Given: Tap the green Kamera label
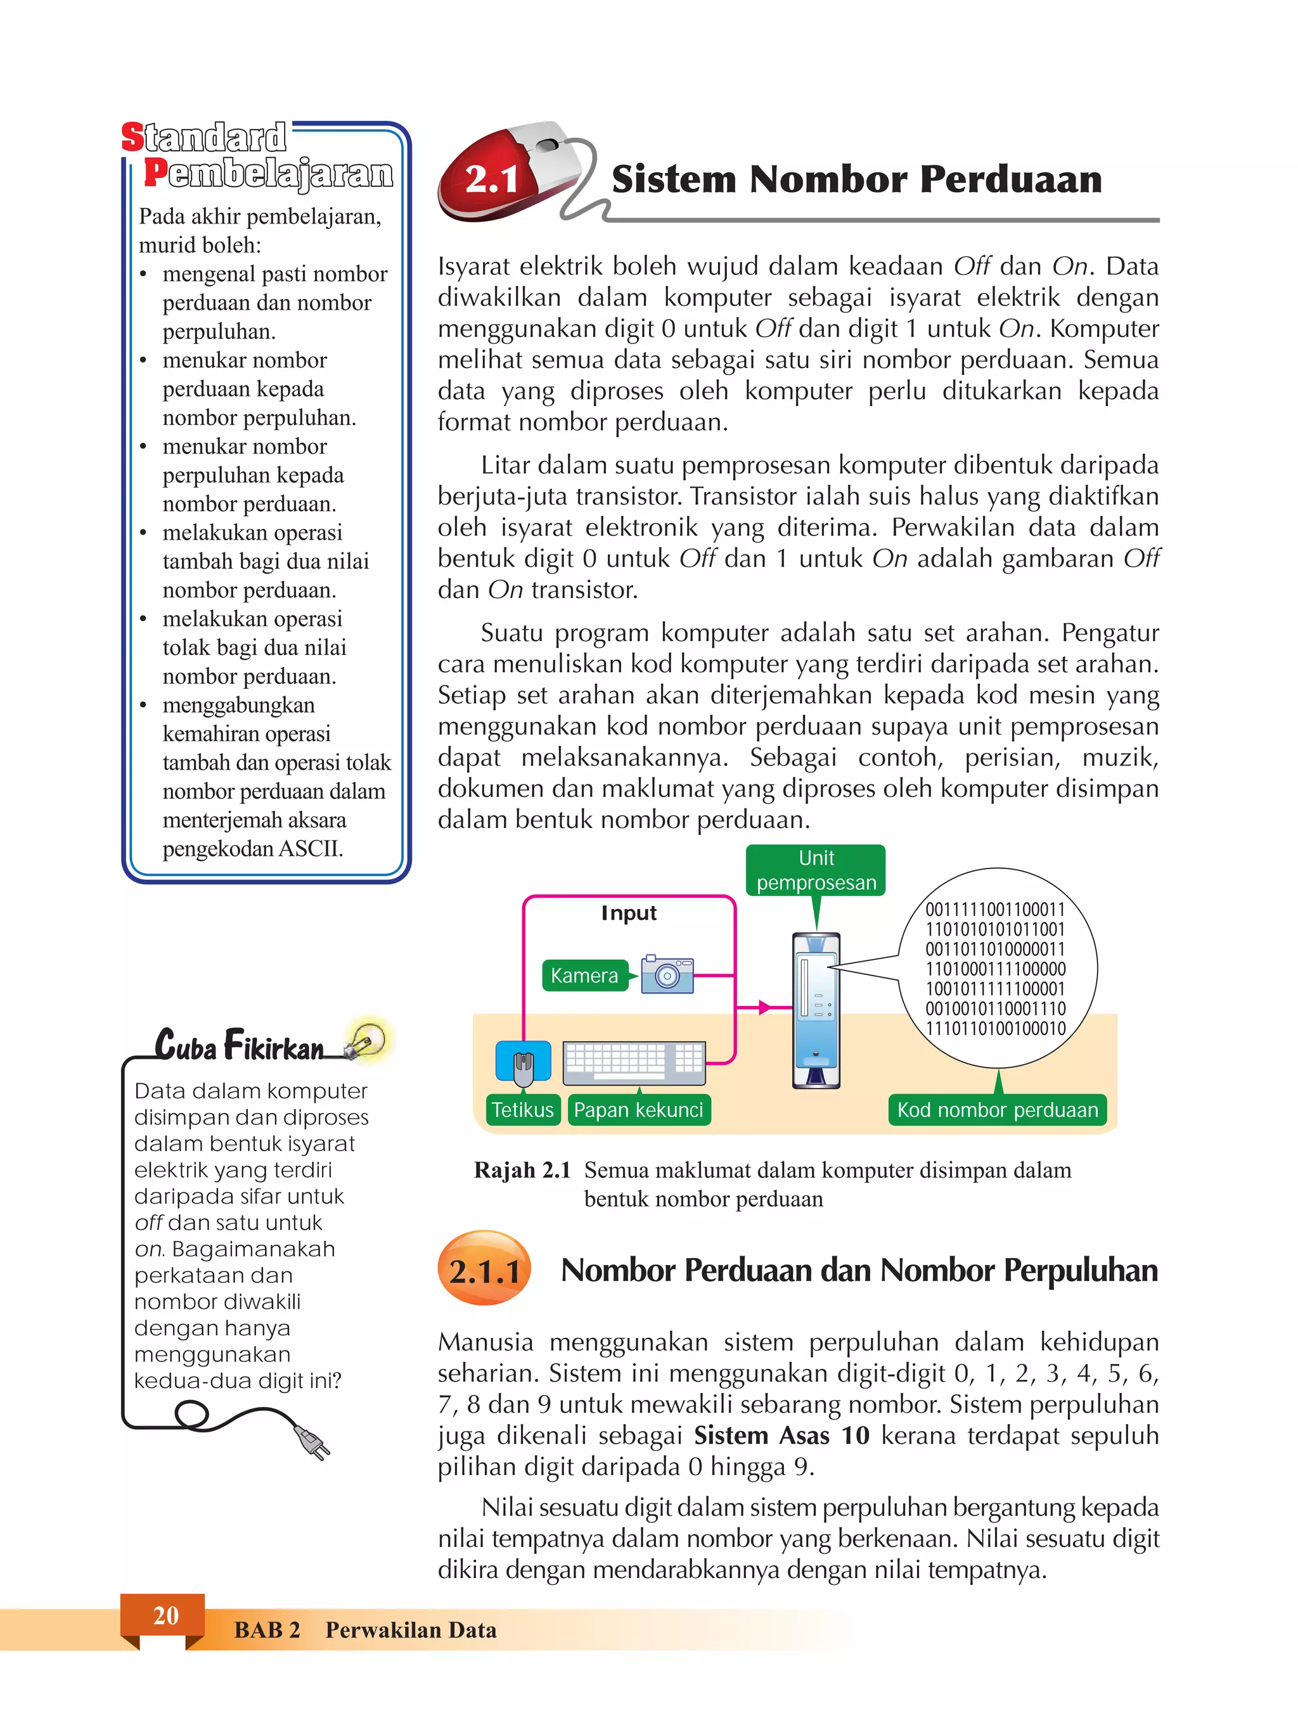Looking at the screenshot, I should click(x=584, y=976).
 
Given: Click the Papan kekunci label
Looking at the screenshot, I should click(x=638, y=1110).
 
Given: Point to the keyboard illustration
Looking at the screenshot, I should click(x=633, y=1062).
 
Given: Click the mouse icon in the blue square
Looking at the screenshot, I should click(x=524, y=1062).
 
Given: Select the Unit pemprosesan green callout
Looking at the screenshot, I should click(x=816, y=870).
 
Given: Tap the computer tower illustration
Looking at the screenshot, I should click(x=816, y=1010).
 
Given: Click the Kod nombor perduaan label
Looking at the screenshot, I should click(x=997, y=1110).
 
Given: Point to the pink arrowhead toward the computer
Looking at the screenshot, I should click(x=764, y=1007).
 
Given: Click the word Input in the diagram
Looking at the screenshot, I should click(x=629, y=913).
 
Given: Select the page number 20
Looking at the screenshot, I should click(x=165, y=1615).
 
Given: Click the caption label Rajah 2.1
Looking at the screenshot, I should click(x=522, y=1171).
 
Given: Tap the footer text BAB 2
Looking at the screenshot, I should click(x=267, y=1630).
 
